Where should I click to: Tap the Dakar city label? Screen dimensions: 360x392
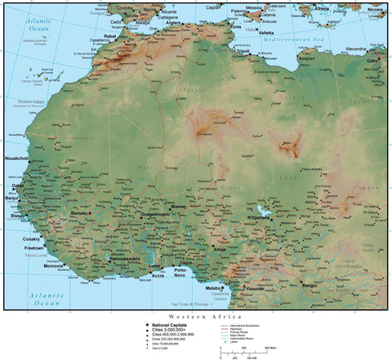(17, 185)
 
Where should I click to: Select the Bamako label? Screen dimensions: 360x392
(80, 212)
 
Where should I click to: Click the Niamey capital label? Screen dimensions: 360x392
(179, 207)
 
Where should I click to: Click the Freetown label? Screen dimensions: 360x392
(35, 247)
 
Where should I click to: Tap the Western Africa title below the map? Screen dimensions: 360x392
(196, 316)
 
